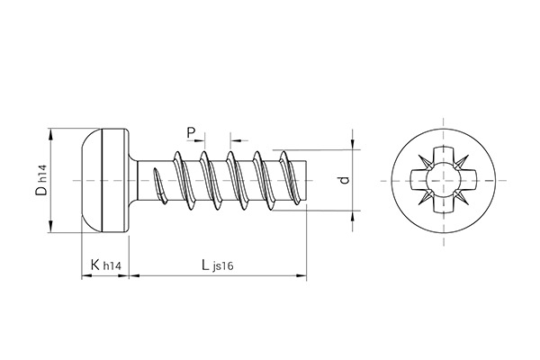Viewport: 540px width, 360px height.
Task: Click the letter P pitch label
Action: click(191, 133)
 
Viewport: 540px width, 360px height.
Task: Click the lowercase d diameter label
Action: click(342, 180)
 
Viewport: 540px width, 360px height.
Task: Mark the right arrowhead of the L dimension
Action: click(303, 276)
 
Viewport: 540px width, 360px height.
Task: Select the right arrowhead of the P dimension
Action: click(235, 140)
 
